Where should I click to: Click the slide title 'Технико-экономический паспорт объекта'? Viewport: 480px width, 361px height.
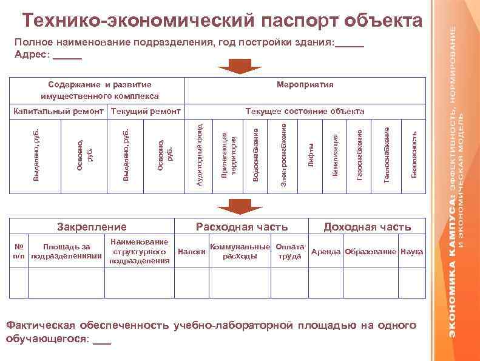click(222, 21)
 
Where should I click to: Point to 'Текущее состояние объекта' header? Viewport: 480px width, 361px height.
click(304, 111)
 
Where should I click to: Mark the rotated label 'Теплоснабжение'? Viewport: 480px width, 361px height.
click(387, 154)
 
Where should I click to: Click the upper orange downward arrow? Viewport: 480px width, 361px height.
click(240, 66)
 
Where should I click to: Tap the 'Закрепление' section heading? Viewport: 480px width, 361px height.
click(92, 227)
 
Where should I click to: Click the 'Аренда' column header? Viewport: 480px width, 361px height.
click(326, 251)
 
